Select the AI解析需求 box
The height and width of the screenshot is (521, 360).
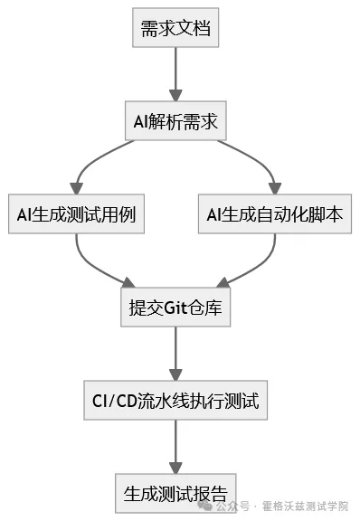coord(175,121)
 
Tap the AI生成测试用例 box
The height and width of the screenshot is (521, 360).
coord(76,215)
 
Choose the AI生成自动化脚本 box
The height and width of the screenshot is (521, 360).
coord(273,215)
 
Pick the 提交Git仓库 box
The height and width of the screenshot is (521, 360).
coord(175,308)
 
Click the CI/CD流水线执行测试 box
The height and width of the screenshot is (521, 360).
coord(175,402)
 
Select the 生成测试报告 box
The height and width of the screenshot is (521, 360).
coord(175,495)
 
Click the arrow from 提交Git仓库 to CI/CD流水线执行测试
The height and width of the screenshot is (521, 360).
coord(175,355)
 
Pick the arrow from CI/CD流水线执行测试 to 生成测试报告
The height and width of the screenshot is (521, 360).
coord(175,448)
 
